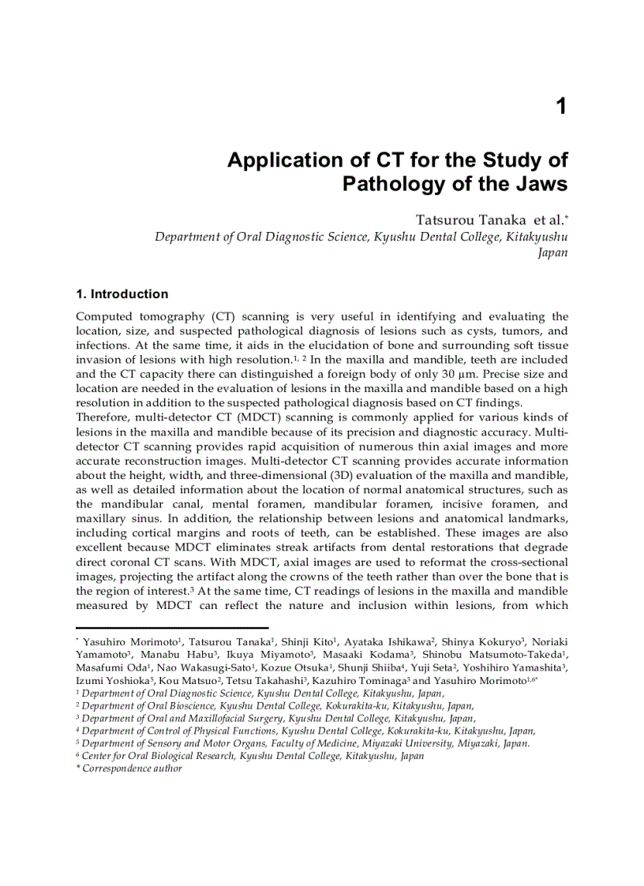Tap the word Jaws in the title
coord(539,185)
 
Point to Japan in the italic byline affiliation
coord(552,253)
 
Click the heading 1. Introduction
coord(122,294)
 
